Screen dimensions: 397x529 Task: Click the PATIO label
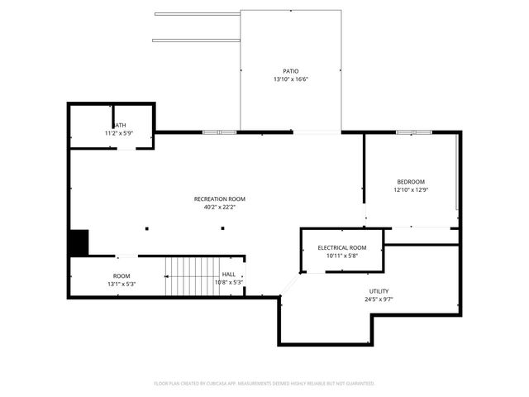click(290, 71)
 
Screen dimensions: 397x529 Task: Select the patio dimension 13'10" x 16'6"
click(290, 79)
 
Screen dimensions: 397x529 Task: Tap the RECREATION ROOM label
click(219, 198)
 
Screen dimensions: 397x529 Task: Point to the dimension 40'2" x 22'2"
click(219, 207)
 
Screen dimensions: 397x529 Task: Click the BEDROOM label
click(411, 182)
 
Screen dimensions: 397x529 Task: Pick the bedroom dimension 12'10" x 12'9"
click(411, 190)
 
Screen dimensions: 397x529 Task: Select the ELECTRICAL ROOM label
click(342, 247)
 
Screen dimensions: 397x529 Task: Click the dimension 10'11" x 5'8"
click(342, 256)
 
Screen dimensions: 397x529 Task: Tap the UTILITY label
click(379, 291)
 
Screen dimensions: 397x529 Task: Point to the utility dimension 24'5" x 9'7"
click(379, 299)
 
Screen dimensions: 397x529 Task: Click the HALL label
click(228, 275)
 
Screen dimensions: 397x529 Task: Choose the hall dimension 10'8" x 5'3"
click(228, 283)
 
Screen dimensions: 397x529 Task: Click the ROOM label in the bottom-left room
click(122, 275)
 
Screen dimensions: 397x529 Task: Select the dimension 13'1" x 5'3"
click(122, 284)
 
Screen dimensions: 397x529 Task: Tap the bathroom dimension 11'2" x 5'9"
click(118, 133)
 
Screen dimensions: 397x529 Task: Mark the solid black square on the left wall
click(79, 242)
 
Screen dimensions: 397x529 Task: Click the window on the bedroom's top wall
click(413, 132)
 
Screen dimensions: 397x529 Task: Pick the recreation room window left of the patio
click(220, 132)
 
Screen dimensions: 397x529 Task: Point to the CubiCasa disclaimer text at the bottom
click(264, 384)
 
